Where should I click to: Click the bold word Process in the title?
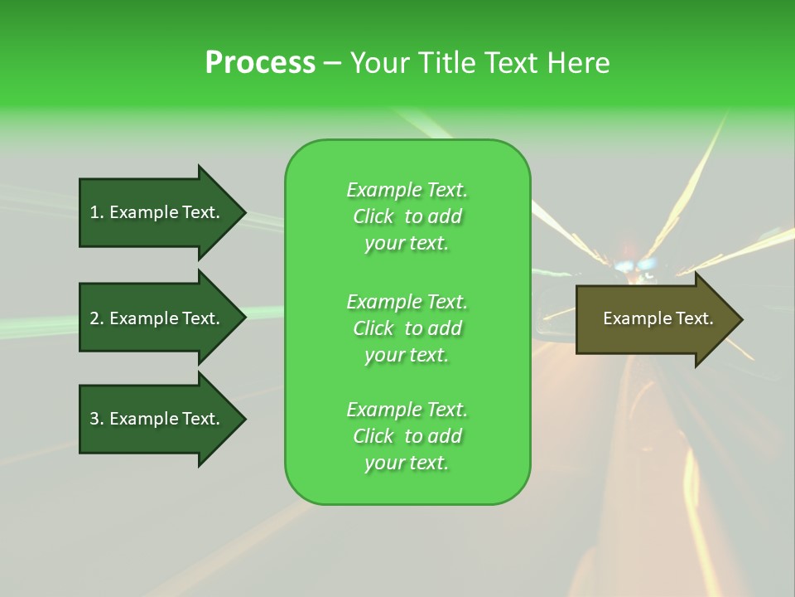[260, 63]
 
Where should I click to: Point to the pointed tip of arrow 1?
[243, 212]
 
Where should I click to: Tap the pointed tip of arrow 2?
[243, 318]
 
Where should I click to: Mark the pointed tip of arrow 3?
[243, 419]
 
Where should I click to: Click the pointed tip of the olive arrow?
[740, 319]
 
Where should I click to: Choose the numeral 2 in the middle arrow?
[94, 318]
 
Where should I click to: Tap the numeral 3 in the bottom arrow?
[94, 419]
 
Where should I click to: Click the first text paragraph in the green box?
[407, 216]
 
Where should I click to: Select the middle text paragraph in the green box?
[407, 328]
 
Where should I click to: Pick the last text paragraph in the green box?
[407, 436]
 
